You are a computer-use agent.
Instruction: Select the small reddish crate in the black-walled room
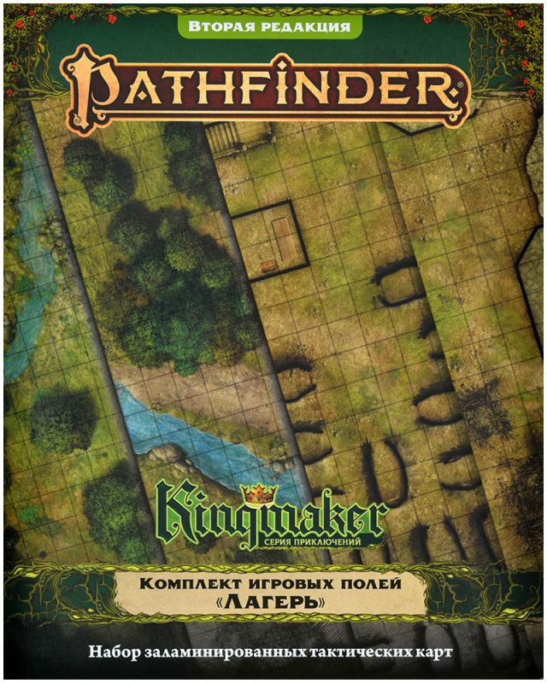click(x=267, y=265)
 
